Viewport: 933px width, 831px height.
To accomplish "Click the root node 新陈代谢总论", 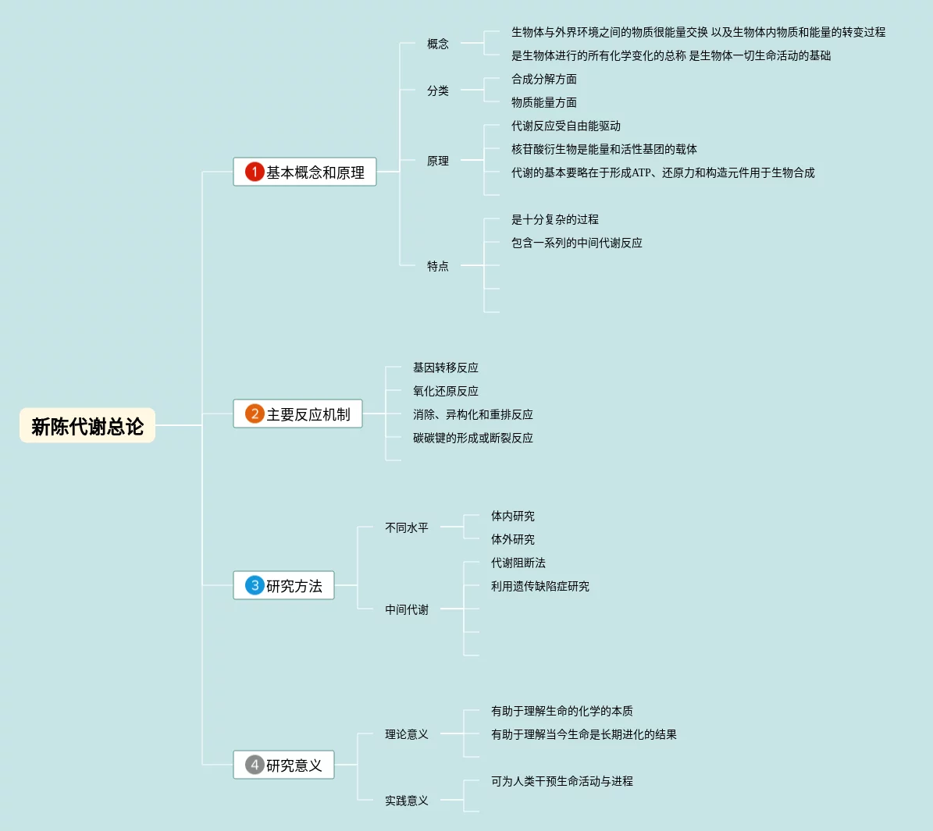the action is coord(87,426).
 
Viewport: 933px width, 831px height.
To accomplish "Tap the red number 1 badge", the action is coord(255,172).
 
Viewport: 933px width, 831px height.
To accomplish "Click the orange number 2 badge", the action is coord(255,414).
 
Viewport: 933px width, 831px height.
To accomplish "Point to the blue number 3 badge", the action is coord(255,585).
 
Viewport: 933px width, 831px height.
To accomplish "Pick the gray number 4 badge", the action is coord(255,765).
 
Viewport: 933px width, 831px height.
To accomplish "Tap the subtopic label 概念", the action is coord(438,44).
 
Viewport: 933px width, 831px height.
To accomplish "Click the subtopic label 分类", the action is coord(438,91).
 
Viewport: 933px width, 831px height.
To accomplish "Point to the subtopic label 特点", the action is coord(438,266).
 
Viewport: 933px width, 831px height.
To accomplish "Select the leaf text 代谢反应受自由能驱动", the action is coord(566,126).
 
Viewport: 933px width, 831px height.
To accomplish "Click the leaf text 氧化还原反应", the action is coord(446,391).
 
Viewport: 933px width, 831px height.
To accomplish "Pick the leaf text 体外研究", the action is coord(513,539).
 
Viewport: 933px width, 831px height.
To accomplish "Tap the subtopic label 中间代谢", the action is coord(407,609).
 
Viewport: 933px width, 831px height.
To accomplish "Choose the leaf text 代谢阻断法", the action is coord(518,563).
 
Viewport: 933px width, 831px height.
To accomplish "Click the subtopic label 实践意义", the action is coord(407,801).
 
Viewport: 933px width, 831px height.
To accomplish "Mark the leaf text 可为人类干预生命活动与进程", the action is coord(562,781).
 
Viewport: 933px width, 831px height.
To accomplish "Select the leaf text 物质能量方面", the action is coord(544,102).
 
